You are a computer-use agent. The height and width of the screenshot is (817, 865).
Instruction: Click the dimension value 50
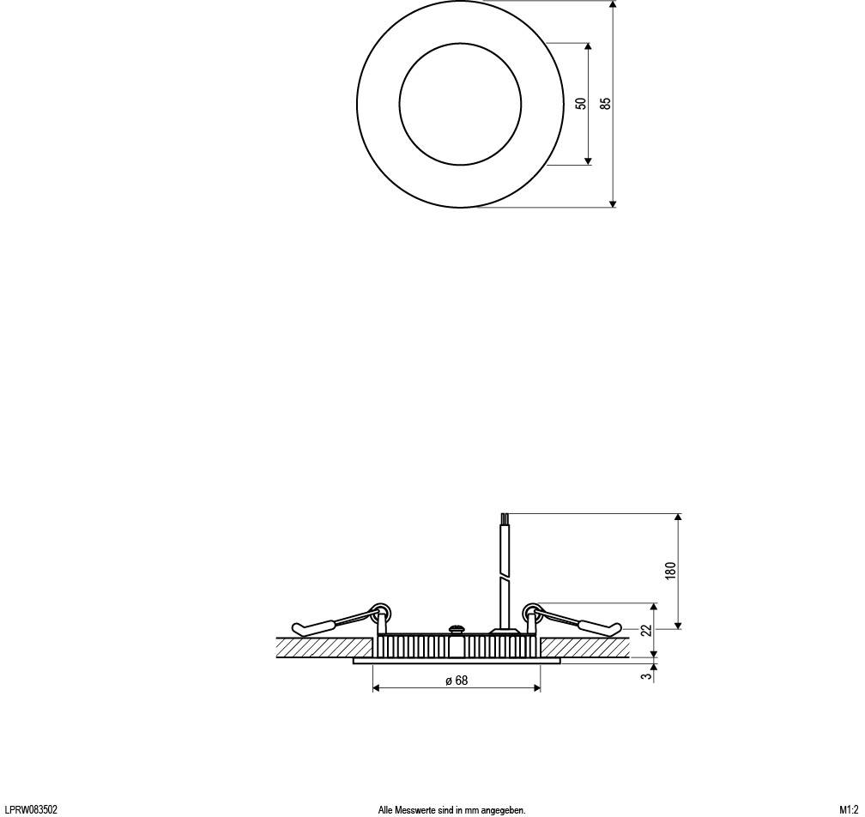(581, 103)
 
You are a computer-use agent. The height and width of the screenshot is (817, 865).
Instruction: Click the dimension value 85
(606, 103)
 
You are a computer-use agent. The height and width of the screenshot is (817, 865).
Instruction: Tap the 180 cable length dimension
(671, 570)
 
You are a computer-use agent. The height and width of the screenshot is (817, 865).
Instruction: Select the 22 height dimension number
(646, 631)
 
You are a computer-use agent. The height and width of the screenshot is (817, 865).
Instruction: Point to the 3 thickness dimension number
(647, 676)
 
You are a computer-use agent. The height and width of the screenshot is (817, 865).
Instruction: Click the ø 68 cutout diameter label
(457, 681)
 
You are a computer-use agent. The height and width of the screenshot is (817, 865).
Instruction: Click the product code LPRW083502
(32, 809)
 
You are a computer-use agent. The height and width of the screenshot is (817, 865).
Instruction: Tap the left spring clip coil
(379, 612)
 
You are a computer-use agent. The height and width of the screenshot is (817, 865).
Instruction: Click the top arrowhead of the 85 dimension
(613, 5)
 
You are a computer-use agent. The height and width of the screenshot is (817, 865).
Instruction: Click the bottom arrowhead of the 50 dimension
(588, 160)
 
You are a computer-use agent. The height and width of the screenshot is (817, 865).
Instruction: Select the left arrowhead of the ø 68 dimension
(377, 688)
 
